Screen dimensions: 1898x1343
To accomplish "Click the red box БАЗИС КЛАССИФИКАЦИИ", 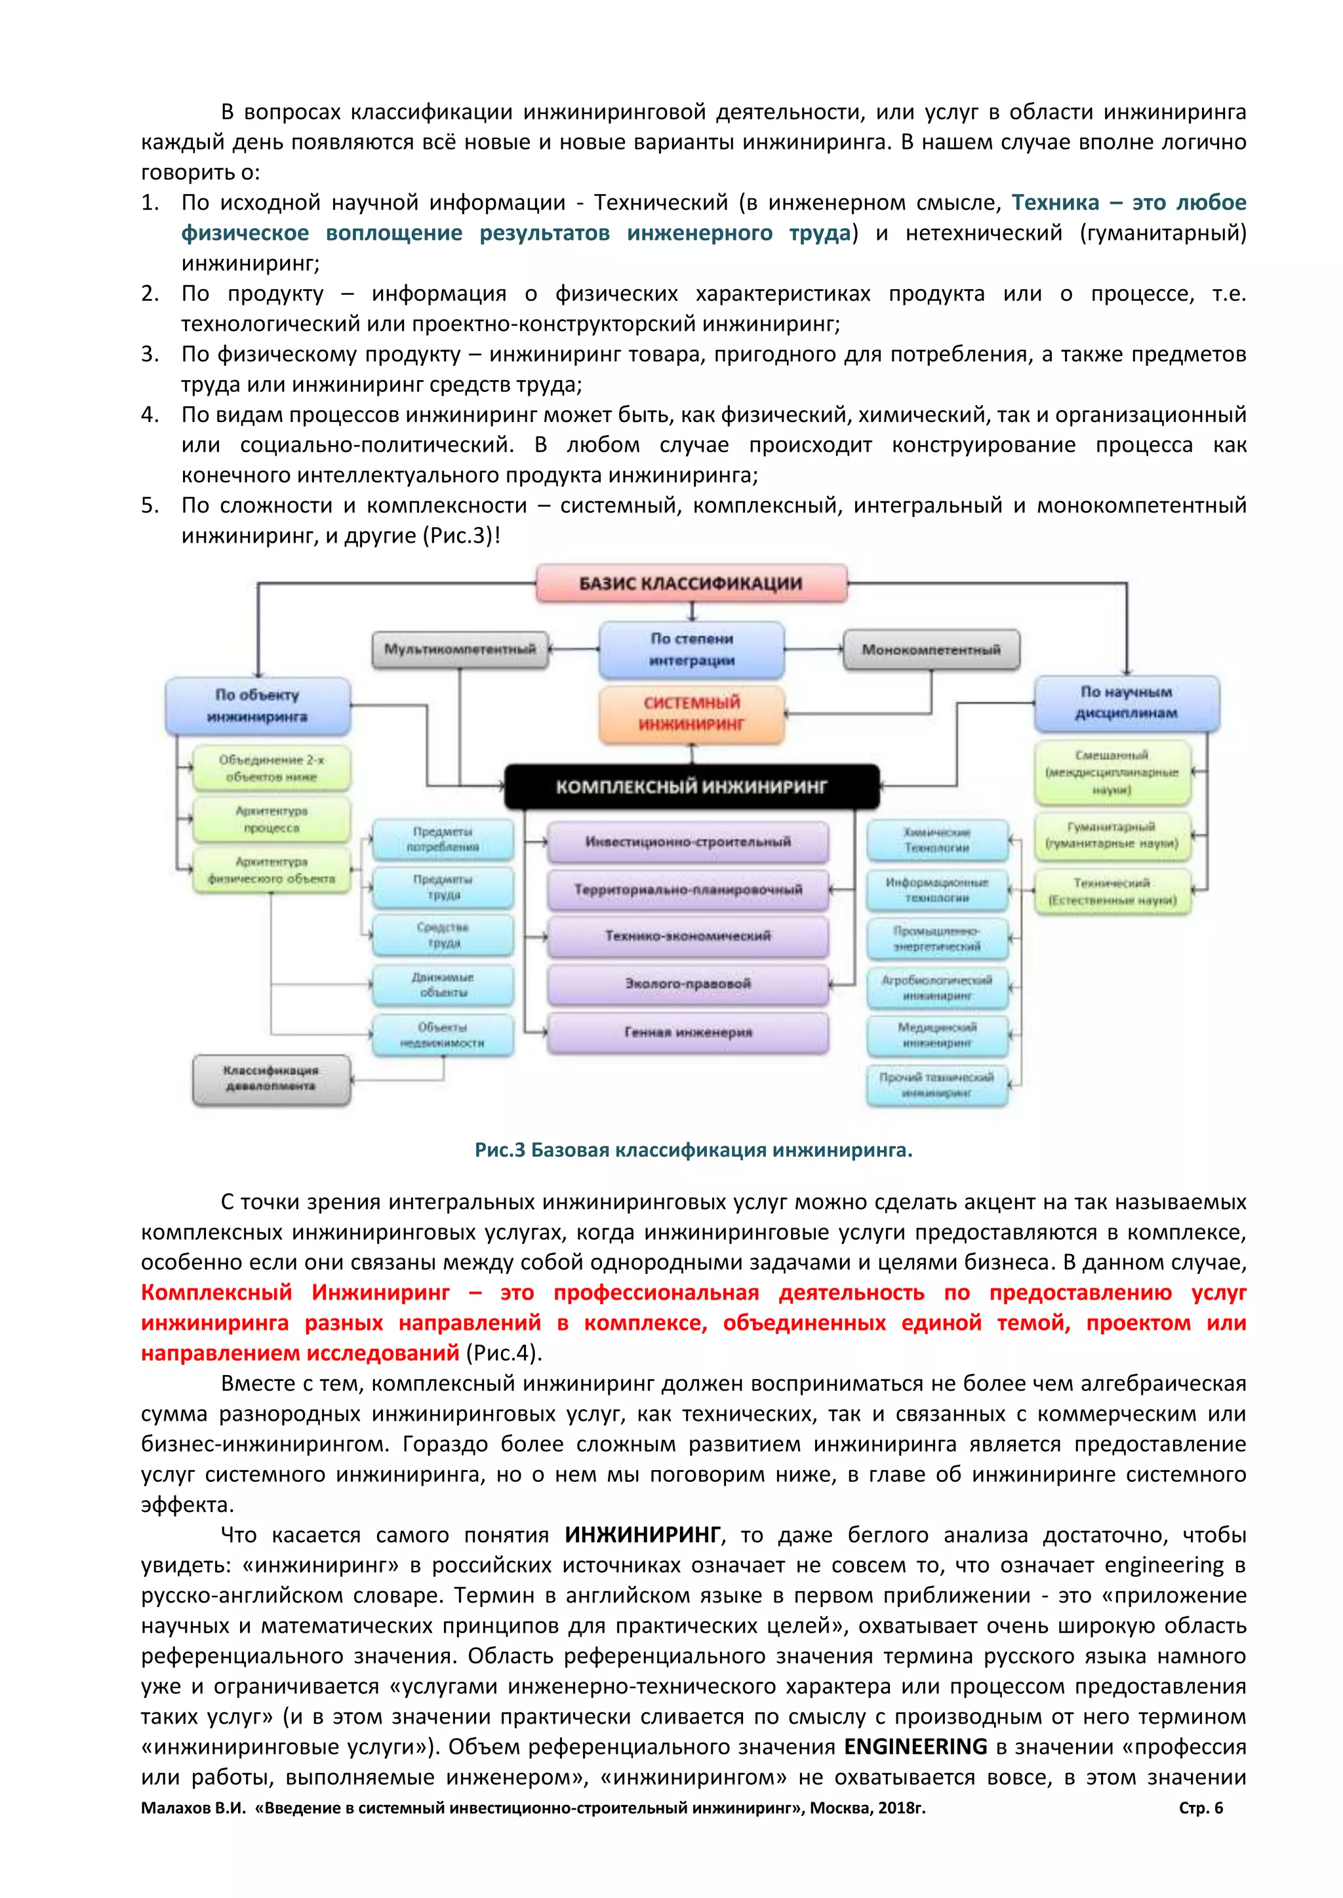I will point(691,583).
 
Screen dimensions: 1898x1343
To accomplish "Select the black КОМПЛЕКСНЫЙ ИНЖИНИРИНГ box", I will point(691,786).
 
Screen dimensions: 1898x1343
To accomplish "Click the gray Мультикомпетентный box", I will point(460,649).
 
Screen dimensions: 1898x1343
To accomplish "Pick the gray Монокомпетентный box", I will point(931,649).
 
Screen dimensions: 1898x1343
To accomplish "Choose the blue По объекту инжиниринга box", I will point(257,706).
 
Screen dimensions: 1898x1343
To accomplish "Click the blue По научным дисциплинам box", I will point(1127,703).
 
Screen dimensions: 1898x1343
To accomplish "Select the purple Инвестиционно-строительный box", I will point(688,842).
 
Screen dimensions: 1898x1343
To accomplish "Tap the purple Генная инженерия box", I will point(688,1032).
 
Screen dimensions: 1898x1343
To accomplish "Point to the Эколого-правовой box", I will point(688,984).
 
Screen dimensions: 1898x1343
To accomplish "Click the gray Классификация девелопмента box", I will point(271,1079).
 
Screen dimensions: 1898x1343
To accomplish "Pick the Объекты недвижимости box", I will point(443,1035).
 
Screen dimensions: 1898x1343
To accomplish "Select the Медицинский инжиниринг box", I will point(938,1035).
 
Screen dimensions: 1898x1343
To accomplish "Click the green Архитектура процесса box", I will point(271,819).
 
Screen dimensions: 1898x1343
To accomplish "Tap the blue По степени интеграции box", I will point(691,649).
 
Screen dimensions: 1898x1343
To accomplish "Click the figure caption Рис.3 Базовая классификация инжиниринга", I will point(693,1150).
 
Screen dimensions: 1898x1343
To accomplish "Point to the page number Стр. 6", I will point(1201,1808).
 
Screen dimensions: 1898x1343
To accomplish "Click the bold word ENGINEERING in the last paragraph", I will point(915,1747).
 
